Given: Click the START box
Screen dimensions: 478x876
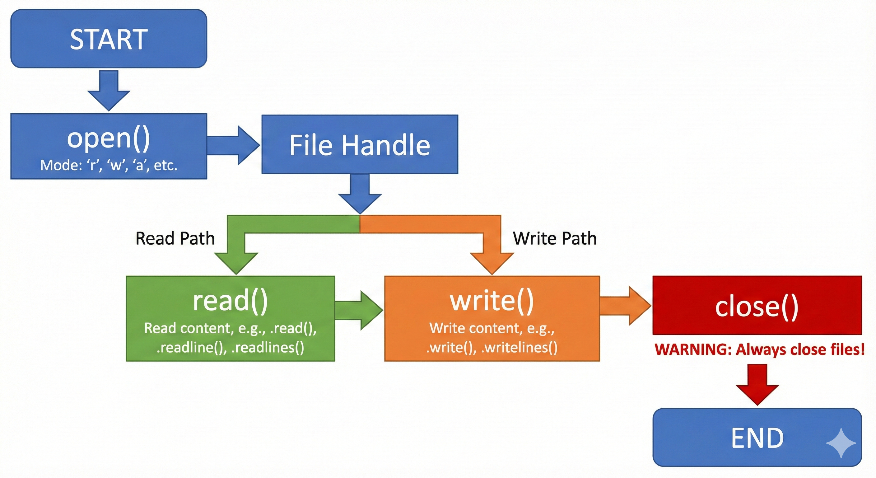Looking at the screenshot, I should tap(109, 39).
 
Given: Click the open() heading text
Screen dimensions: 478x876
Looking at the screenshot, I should tap(109, 138).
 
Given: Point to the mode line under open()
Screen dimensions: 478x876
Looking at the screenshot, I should tap(109, 165).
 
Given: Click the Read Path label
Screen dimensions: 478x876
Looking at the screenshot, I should tap(175, 238).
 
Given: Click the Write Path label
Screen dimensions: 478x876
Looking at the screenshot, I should tap(555, 238).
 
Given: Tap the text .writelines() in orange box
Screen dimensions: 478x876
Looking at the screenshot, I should tap(519, 348).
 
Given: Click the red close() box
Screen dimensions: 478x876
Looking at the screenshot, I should tap(757, 306).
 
